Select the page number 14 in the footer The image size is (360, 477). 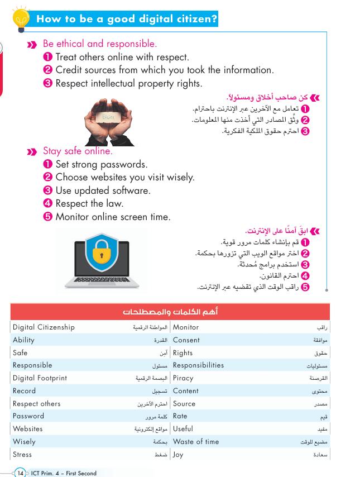[x=21, y=473]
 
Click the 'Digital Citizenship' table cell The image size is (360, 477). [x=44, y=327]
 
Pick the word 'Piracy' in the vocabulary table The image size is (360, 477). [x=183, y=378]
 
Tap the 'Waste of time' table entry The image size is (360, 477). [x=196, y=442]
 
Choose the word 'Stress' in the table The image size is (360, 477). [x=22, y=455]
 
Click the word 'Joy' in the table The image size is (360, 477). [x=178, y=455]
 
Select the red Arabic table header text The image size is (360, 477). [x=170, y=311]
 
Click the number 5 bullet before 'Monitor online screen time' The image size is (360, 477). [x=48, y=217]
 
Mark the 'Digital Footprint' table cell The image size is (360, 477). [x=40, y=378]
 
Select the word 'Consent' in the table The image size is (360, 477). [x=186, y=340]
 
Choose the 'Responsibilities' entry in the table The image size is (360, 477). [x=198, y=365]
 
